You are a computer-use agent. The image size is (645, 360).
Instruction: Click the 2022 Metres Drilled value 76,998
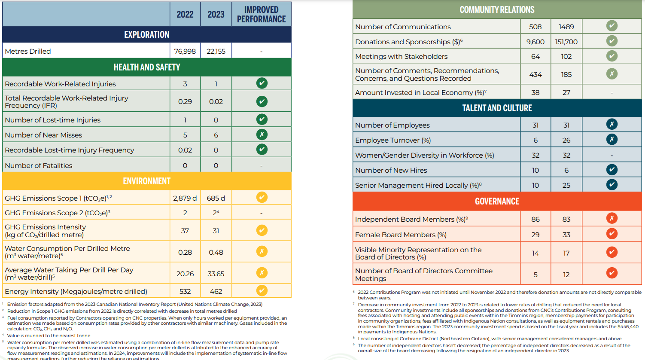pos(185,51)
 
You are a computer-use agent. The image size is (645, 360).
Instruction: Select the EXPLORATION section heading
pos(146,34)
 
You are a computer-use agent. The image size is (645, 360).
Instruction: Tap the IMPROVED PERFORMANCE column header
pos(261,15)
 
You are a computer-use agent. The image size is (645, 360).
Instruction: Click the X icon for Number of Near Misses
pos(262,134)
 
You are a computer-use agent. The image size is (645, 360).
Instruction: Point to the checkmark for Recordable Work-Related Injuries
pos(262,83)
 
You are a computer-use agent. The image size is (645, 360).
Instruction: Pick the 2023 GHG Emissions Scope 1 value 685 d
pos(216,198)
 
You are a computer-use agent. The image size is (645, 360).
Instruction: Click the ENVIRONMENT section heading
pos(146,181)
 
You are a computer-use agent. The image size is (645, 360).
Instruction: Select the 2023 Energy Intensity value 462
pos(216,291)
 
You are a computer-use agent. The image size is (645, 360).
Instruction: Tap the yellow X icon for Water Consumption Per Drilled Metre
pos(262,251)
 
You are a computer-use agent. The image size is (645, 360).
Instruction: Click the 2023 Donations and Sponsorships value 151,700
pos(566,42)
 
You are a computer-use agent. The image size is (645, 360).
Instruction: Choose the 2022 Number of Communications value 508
pos(535,27)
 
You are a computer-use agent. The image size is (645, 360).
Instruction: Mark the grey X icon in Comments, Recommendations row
pos(612,74)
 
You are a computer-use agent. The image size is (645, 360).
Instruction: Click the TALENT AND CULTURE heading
pos(497,108)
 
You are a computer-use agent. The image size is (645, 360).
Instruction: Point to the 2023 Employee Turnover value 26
pos(566,140)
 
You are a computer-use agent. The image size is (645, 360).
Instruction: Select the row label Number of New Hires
pos(391,170)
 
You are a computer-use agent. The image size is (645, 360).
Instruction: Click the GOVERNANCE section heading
pos(497,201)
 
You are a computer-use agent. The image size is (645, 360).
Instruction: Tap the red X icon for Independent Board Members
pos(612,218)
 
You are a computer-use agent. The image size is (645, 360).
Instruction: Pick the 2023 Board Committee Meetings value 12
pos(566,275)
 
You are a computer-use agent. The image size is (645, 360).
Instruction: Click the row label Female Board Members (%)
pos(401,235)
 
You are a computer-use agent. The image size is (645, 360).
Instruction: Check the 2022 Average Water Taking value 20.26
pos(185,274)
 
